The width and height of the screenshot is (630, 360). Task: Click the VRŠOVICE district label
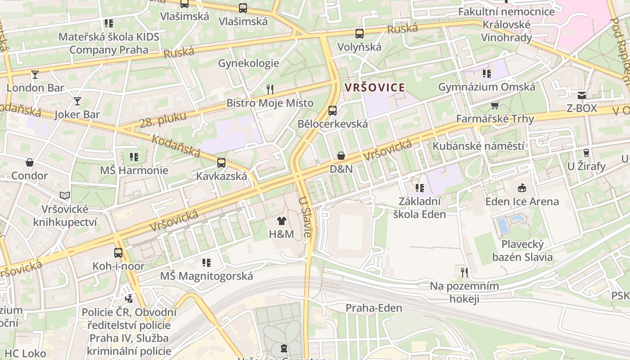pos(374,87)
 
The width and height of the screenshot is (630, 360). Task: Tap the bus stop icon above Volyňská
pos(359,34)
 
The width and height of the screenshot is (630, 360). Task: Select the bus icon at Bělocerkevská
pos(333,110)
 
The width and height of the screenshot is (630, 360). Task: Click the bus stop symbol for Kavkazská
pos(221,163)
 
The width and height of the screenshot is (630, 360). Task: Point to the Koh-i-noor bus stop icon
pos(118,253)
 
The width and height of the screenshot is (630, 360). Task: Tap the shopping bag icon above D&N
pos(341,156)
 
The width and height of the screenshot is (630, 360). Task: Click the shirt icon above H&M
pos(282,221)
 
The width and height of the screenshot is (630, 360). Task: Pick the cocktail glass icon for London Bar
pos(35,75)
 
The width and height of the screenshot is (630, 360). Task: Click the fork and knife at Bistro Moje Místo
pos(270,90)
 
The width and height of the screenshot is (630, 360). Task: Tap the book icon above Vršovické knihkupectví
pos(65,196)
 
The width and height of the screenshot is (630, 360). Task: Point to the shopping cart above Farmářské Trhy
pos(495,106)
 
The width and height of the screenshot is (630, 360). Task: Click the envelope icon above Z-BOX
pos(582,95)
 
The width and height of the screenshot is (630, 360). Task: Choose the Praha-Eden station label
pos(373,308)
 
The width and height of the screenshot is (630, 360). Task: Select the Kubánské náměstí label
pos(478,146)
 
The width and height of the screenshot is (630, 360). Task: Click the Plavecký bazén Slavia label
pos(522,251)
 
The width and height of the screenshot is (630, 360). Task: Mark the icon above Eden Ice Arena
pos(522,188)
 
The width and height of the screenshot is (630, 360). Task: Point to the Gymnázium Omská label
pos(486,87)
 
